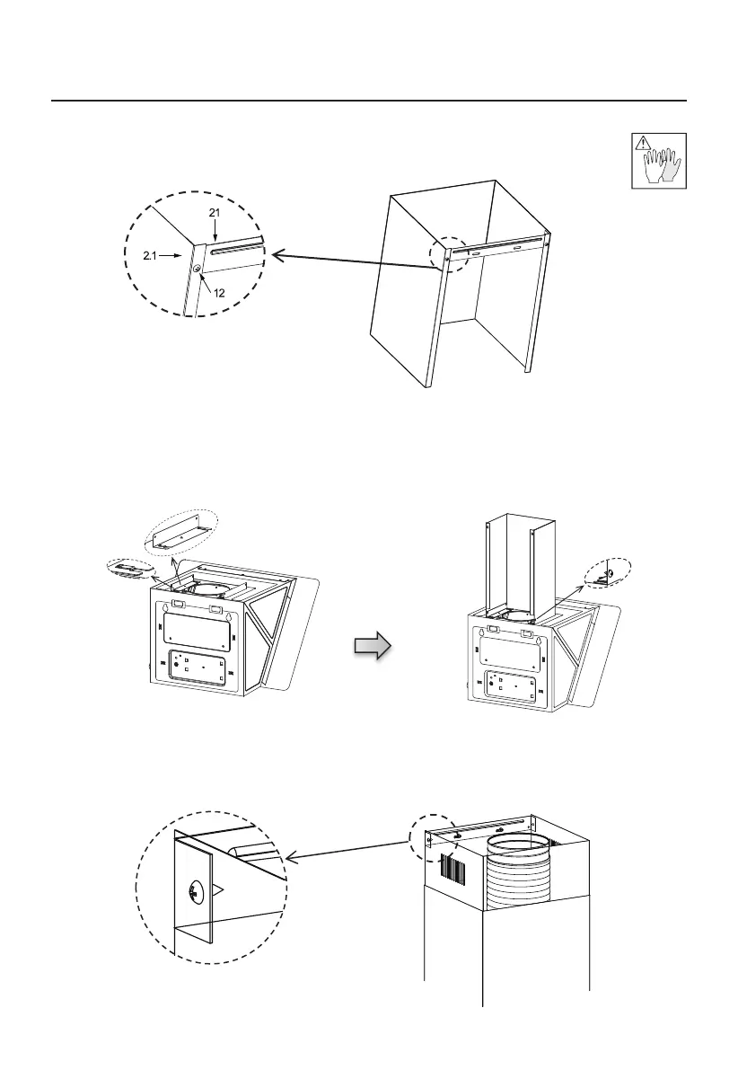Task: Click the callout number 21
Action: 215,212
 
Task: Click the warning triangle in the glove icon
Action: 642,142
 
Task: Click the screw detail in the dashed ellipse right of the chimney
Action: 607,572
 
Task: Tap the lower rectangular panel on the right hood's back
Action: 514,685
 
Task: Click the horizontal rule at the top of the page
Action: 369,101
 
